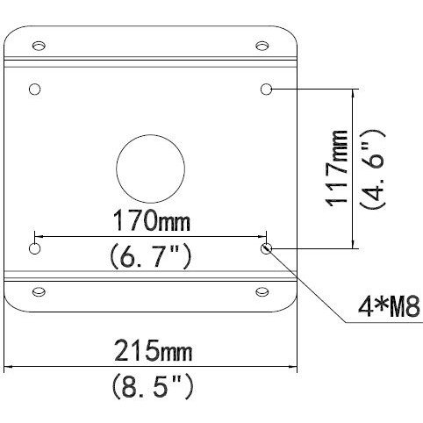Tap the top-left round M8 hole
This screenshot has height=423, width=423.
(x=35, y=90)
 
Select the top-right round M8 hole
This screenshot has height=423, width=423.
(x=267, y=90)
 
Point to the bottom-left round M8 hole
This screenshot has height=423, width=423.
(x=35, y=249)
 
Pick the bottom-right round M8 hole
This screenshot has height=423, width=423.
(x=267, y=249)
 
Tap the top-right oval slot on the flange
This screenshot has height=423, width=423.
(x=262, y=45)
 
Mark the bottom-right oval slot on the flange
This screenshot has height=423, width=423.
(x=262, y=291)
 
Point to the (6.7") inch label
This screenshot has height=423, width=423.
(x=149, y=257)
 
